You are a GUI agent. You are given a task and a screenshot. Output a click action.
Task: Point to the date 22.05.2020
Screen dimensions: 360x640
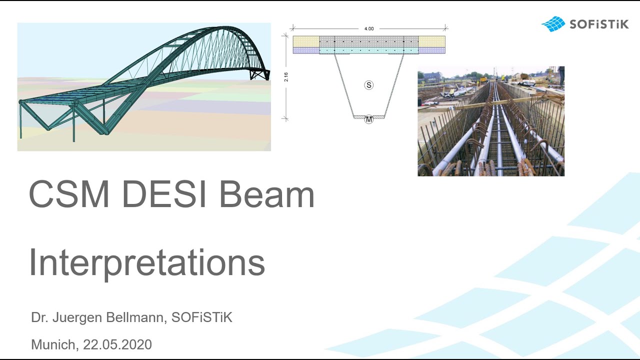[117, 344]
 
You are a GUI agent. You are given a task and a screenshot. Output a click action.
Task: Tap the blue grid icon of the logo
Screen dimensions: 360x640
[553, 23]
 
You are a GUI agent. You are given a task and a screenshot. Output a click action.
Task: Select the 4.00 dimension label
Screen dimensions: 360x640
[369, 28]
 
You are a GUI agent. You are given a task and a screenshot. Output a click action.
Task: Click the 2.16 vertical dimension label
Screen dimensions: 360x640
[286, 77]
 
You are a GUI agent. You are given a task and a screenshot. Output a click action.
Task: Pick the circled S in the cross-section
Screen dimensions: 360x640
[368, 85]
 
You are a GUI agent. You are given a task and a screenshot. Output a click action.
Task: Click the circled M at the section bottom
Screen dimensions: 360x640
[368, 119]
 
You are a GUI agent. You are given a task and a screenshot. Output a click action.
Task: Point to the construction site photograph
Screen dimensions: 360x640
[491, 121]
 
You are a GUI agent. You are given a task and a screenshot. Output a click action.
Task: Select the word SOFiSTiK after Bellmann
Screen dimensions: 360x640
[201, 317]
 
